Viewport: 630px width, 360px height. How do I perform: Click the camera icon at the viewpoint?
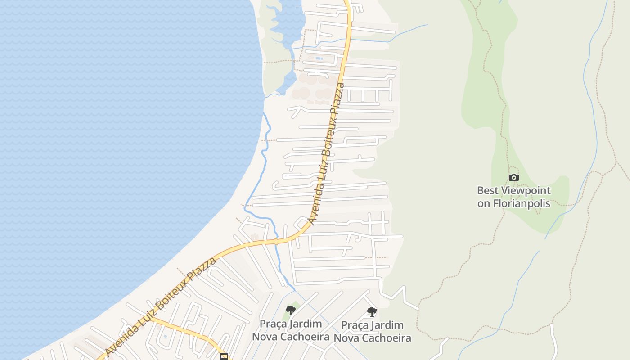coord(513,178)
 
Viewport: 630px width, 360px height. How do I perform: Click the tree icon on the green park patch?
coord(291,310)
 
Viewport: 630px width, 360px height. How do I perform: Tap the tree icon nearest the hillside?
coord(372,311)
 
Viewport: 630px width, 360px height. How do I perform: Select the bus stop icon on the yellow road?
coord(224,357)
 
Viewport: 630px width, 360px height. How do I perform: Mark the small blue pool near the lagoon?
coord(319,58)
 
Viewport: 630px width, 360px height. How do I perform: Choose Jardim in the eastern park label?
coord(387,325)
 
